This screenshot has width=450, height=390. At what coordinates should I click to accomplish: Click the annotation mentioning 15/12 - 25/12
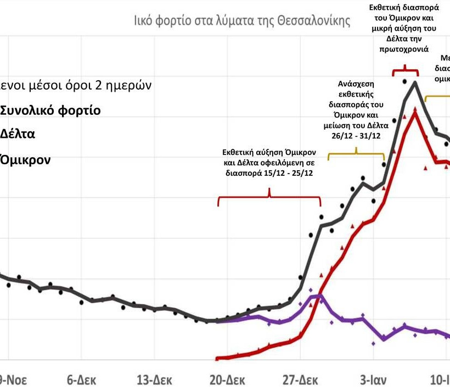269,161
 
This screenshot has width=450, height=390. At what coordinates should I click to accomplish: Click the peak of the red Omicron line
415,110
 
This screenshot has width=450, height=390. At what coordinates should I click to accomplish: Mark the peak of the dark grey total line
415,82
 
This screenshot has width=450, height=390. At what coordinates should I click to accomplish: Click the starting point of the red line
217,359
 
